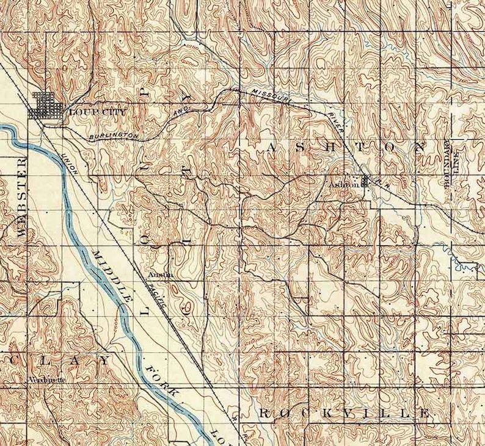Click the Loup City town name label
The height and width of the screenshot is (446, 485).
89,112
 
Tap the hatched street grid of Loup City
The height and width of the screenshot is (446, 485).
46,105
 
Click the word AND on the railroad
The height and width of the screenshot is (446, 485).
180,113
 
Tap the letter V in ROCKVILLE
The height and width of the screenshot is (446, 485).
342,414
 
